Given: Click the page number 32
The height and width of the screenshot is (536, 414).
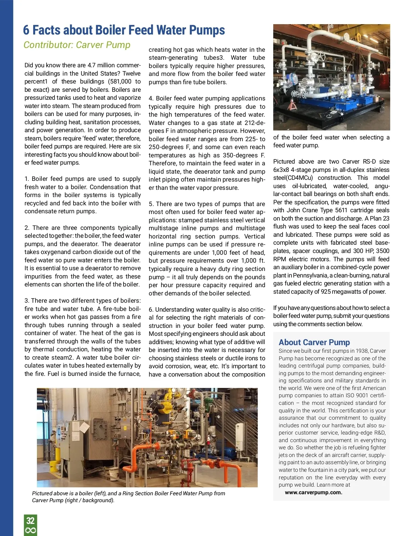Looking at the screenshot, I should coord(30,520).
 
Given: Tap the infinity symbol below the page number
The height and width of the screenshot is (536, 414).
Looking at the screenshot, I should coord(30,530).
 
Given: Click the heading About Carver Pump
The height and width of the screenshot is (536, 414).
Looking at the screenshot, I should coord(314,342).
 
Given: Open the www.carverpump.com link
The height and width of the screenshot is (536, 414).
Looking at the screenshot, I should coord(313,493).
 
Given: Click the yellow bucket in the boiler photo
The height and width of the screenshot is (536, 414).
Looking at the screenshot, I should coord(54,466).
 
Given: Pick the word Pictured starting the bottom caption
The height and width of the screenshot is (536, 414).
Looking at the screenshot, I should coord(43,494).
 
